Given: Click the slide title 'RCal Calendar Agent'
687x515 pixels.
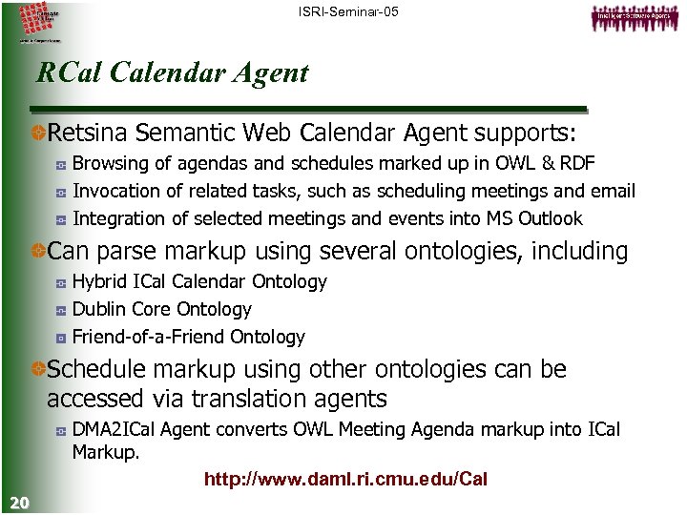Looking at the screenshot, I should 172,73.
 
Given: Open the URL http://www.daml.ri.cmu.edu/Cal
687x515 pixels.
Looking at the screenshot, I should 345,479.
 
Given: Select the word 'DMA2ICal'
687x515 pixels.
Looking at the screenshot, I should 114,430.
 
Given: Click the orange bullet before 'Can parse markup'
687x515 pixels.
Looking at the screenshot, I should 38,252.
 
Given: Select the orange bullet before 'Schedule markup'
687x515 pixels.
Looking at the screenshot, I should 38,369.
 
